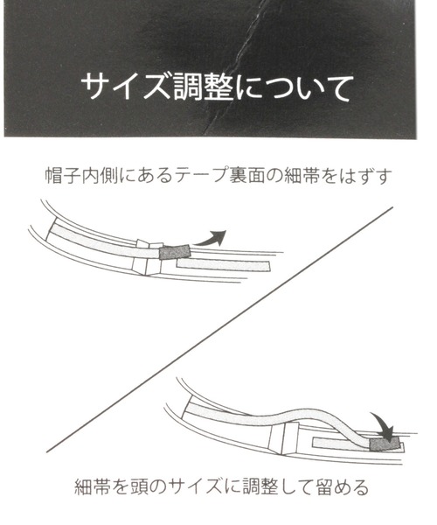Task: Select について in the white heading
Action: click(294, 87)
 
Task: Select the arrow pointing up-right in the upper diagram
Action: click(212, 238)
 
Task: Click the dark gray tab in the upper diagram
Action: click(175, 252)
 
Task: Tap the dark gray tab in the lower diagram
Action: click(385, 444)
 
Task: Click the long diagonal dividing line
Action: click(219, 330)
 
